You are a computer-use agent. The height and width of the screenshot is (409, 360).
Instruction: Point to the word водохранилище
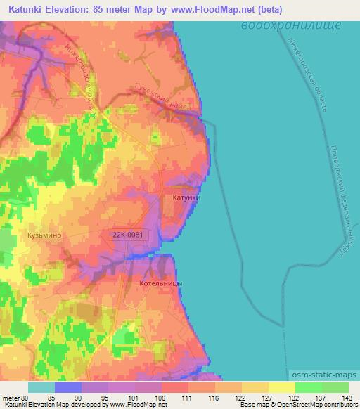pos(290,25)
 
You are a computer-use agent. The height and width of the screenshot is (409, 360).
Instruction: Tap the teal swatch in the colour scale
pos(41,387)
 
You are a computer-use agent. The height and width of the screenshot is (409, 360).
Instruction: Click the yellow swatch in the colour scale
pos(281,387)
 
